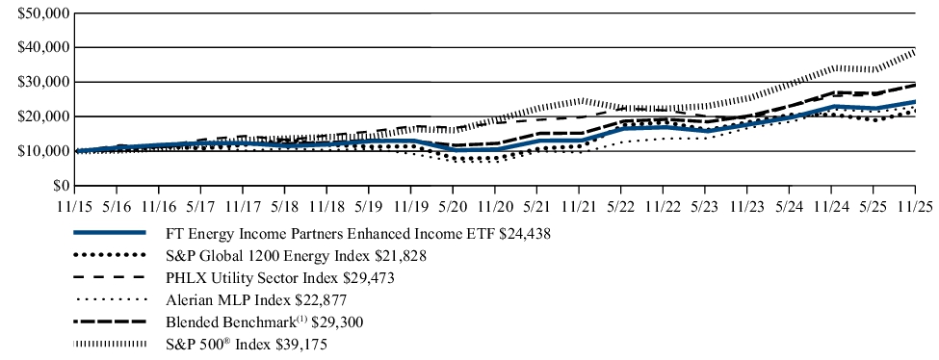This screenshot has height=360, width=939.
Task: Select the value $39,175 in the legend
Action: [301, 344]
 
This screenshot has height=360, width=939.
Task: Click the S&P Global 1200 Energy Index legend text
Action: [276, 255]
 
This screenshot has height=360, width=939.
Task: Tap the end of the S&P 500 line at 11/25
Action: [914, 51]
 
